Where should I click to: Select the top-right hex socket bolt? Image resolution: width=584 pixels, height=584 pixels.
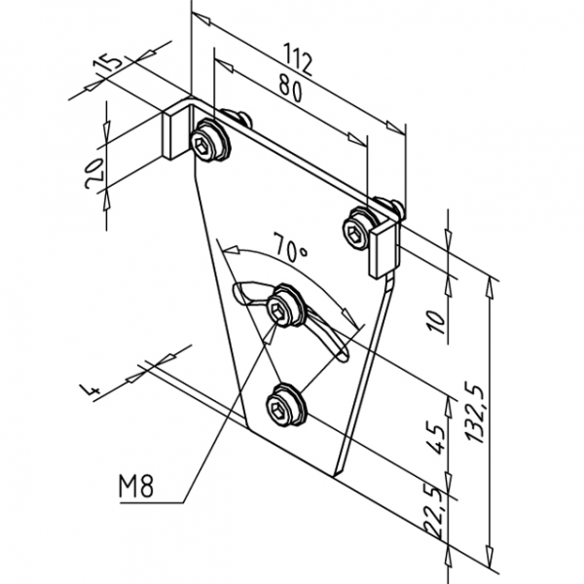pyautogui.click(x=359, y=229)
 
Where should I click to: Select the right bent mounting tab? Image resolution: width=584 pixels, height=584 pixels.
pyautogui.click(x=386, y=247)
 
